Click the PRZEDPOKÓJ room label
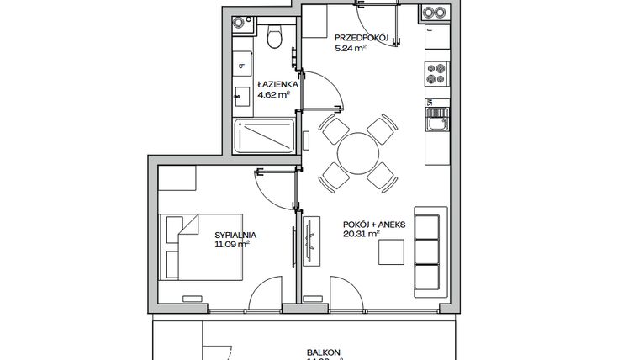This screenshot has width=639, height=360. tap(361, 39)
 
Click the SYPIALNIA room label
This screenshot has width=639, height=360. tap(235, 236)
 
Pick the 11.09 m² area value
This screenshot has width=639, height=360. tap(232, 246)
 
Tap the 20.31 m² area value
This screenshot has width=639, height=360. tap(360, 236)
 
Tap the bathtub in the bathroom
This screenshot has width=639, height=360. tap(264, 136)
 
